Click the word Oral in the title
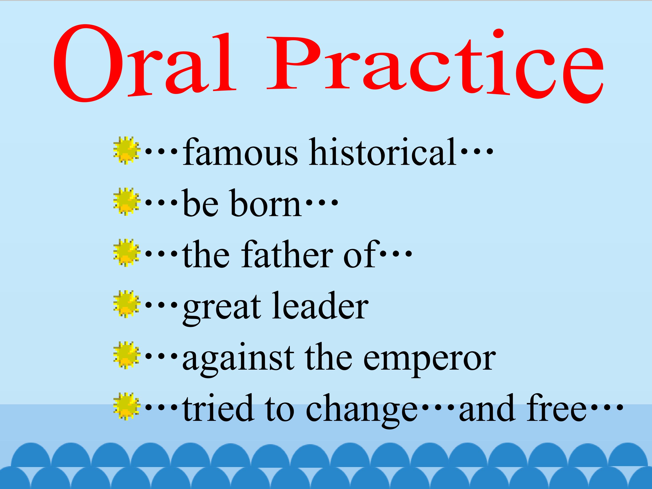pos(145,64)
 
